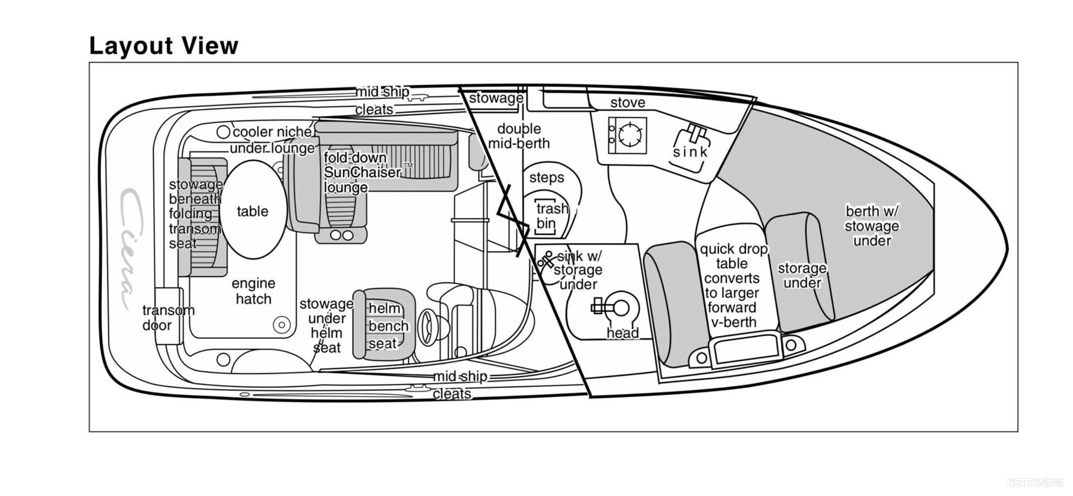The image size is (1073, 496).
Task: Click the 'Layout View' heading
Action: [164, 46]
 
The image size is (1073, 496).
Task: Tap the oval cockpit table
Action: [253, 209]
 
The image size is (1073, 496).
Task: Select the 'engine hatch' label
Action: [253, 291]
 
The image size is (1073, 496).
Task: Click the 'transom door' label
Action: [168, 317]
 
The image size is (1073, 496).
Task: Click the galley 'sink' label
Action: [690, 151]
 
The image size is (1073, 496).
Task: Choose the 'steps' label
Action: [547, 178]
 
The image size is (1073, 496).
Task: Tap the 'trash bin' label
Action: [551, 216]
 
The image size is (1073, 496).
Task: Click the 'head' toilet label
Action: [623, 333]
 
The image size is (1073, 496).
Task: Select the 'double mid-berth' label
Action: [519, 136]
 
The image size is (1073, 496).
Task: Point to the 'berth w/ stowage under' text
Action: [872, 226]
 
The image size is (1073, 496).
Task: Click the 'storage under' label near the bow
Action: [802, 275]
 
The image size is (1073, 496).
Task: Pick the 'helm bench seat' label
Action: [388, 326]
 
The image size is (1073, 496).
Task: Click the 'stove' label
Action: [628, 102]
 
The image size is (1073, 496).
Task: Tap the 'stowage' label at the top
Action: [496, 98]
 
